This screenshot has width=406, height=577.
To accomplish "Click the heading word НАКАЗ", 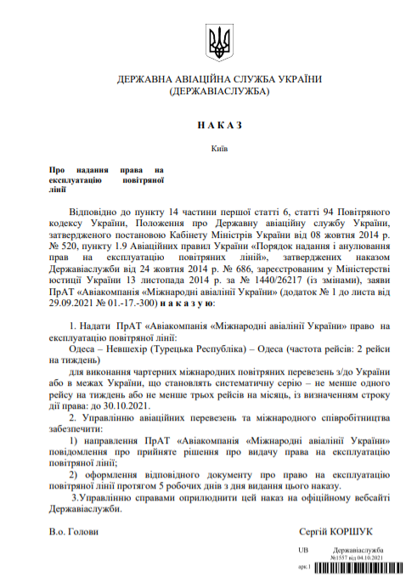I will [x=219, y=124].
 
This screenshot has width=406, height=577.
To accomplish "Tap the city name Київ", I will [x=219, y=146].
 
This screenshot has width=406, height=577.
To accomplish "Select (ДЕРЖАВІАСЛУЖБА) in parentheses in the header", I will [x=219, y=90].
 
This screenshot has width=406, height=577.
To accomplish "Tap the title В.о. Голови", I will [x=73, y=531].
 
